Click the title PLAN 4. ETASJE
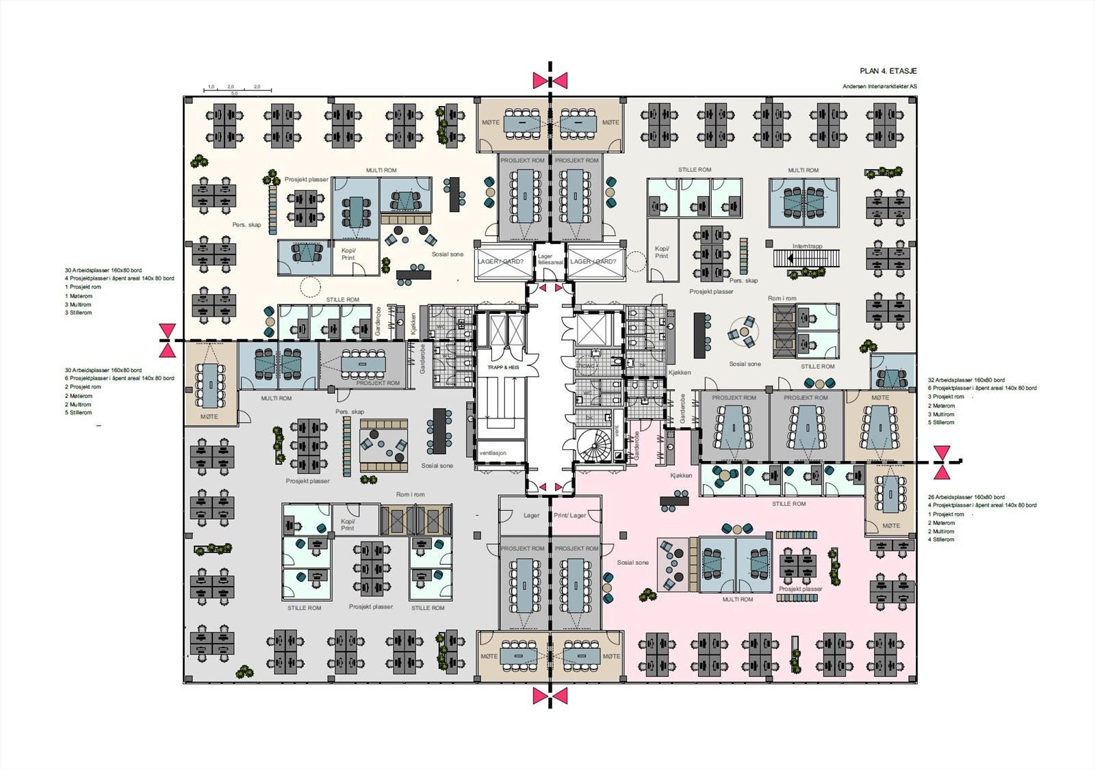click(888, 71)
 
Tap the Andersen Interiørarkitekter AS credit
click(879, 87)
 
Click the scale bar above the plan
click(238, 90)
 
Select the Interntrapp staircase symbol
click(806, 258)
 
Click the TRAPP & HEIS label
click(502, 368)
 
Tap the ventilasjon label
click(493, 453)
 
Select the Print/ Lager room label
click(569, 516)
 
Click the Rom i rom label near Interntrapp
click(782, 299)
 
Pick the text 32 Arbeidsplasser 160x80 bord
click(966, 380)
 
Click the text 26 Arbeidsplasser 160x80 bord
click(966, 497)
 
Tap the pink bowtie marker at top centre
click(550, 81)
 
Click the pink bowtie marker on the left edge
click(167, 341)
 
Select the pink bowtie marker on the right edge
click(942, 462)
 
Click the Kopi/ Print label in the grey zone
click(348, 525)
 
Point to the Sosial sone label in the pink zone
click(632, 563)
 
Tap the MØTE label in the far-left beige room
click(209, 416)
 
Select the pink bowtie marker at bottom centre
click(550, 696)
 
